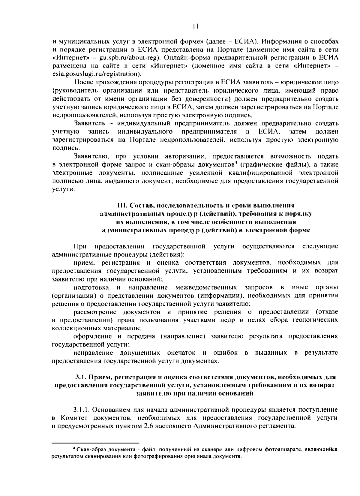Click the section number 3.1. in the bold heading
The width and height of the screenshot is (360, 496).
(80, 377)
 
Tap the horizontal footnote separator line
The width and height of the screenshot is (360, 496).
(95, 442)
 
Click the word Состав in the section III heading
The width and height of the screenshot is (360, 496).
(139, 206)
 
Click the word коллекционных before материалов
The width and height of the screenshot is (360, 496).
(77, 328)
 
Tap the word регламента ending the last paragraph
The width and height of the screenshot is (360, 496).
(278, 426)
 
